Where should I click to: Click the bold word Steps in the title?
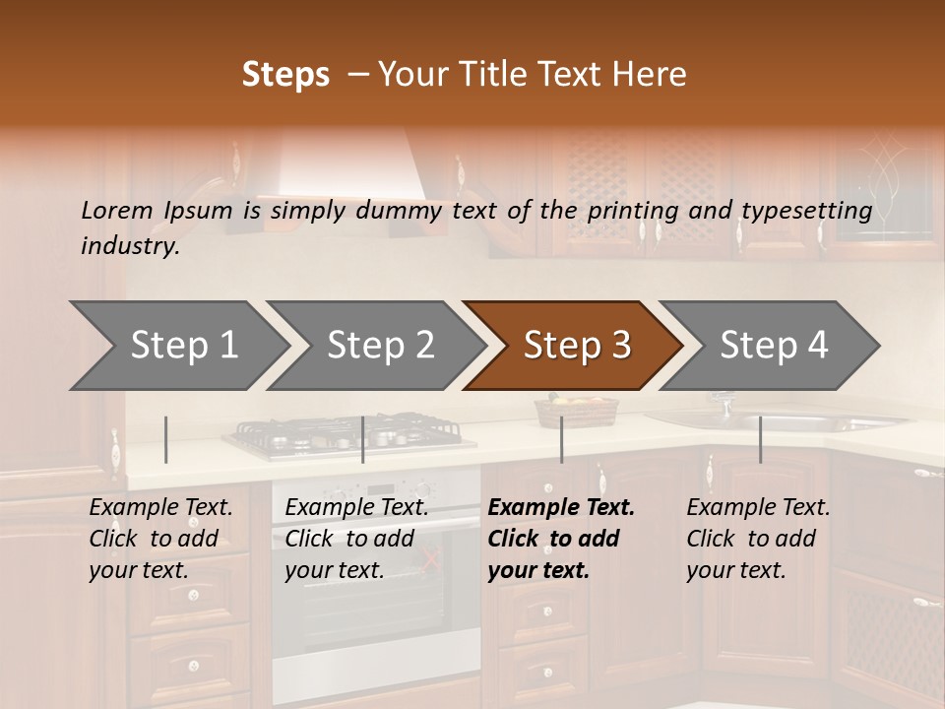click(x=285, y=75)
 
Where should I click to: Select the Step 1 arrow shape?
click(x=177, y=346)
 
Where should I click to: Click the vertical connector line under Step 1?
click(x=166, y=439)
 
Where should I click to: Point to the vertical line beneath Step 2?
click(x=363, y=439)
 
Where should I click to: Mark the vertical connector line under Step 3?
click(x=561, y=439)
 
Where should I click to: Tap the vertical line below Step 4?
click(x=760, y=439)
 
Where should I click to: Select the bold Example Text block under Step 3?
click(x=561, y=539)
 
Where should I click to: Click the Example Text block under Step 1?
click(x=160, y=539)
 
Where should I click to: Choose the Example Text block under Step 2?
click(x=356, y=539)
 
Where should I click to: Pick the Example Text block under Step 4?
click(x=758, y=539)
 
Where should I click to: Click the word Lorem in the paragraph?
click(x=116, y=210)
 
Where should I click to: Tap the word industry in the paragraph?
click(x=130, y=246)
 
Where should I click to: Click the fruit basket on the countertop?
click(x=576, y=411)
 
